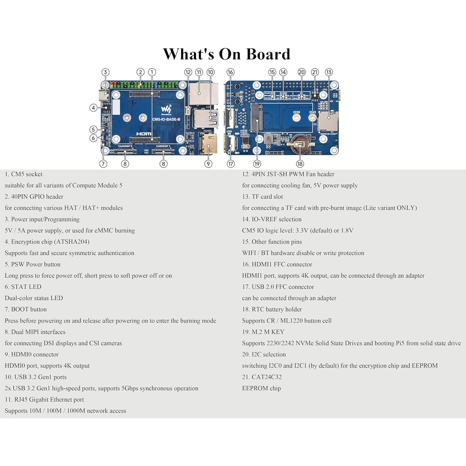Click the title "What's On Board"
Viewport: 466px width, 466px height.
pos(227,54)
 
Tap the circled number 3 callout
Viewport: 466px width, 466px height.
pos(106,72)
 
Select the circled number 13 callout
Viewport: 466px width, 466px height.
pos(329,72)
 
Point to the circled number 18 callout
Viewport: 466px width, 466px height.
pos(300,164)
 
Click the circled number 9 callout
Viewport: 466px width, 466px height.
pos(208,164)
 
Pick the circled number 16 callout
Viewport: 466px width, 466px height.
pos(230,72)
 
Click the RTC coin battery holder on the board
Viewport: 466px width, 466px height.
pos(299,145)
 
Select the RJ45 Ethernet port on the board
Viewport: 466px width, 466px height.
pos(200,93)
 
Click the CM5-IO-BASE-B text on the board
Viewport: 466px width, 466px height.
pos(166,120)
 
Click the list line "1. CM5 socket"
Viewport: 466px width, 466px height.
pos(24,174)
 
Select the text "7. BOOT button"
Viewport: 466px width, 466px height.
pos(26,309)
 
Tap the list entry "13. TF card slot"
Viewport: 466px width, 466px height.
pos(262,197)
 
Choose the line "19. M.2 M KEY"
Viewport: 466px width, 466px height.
pos(263,332)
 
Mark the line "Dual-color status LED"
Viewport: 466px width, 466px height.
pos(34,298)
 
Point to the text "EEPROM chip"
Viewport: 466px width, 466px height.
pos(261,388)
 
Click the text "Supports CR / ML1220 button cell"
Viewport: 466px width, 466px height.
pos(287,321)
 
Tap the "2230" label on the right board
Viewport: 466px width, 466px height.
pos(296,112)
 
